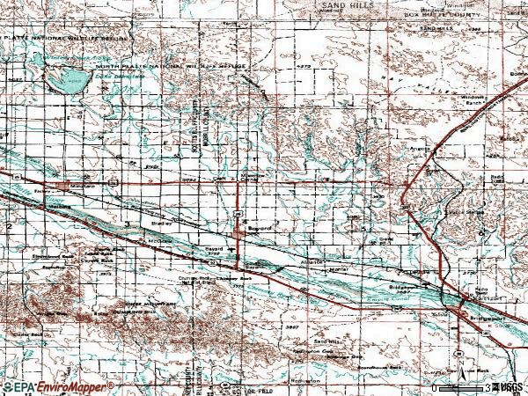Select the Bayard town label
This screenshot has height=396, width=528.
coord(261,227)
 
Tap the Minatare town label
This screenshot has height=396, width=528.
coord(82,187)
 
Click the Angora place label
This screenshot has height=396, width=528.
coord(422,149)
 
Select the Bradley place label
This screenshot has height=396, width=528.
coord(164,224)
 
